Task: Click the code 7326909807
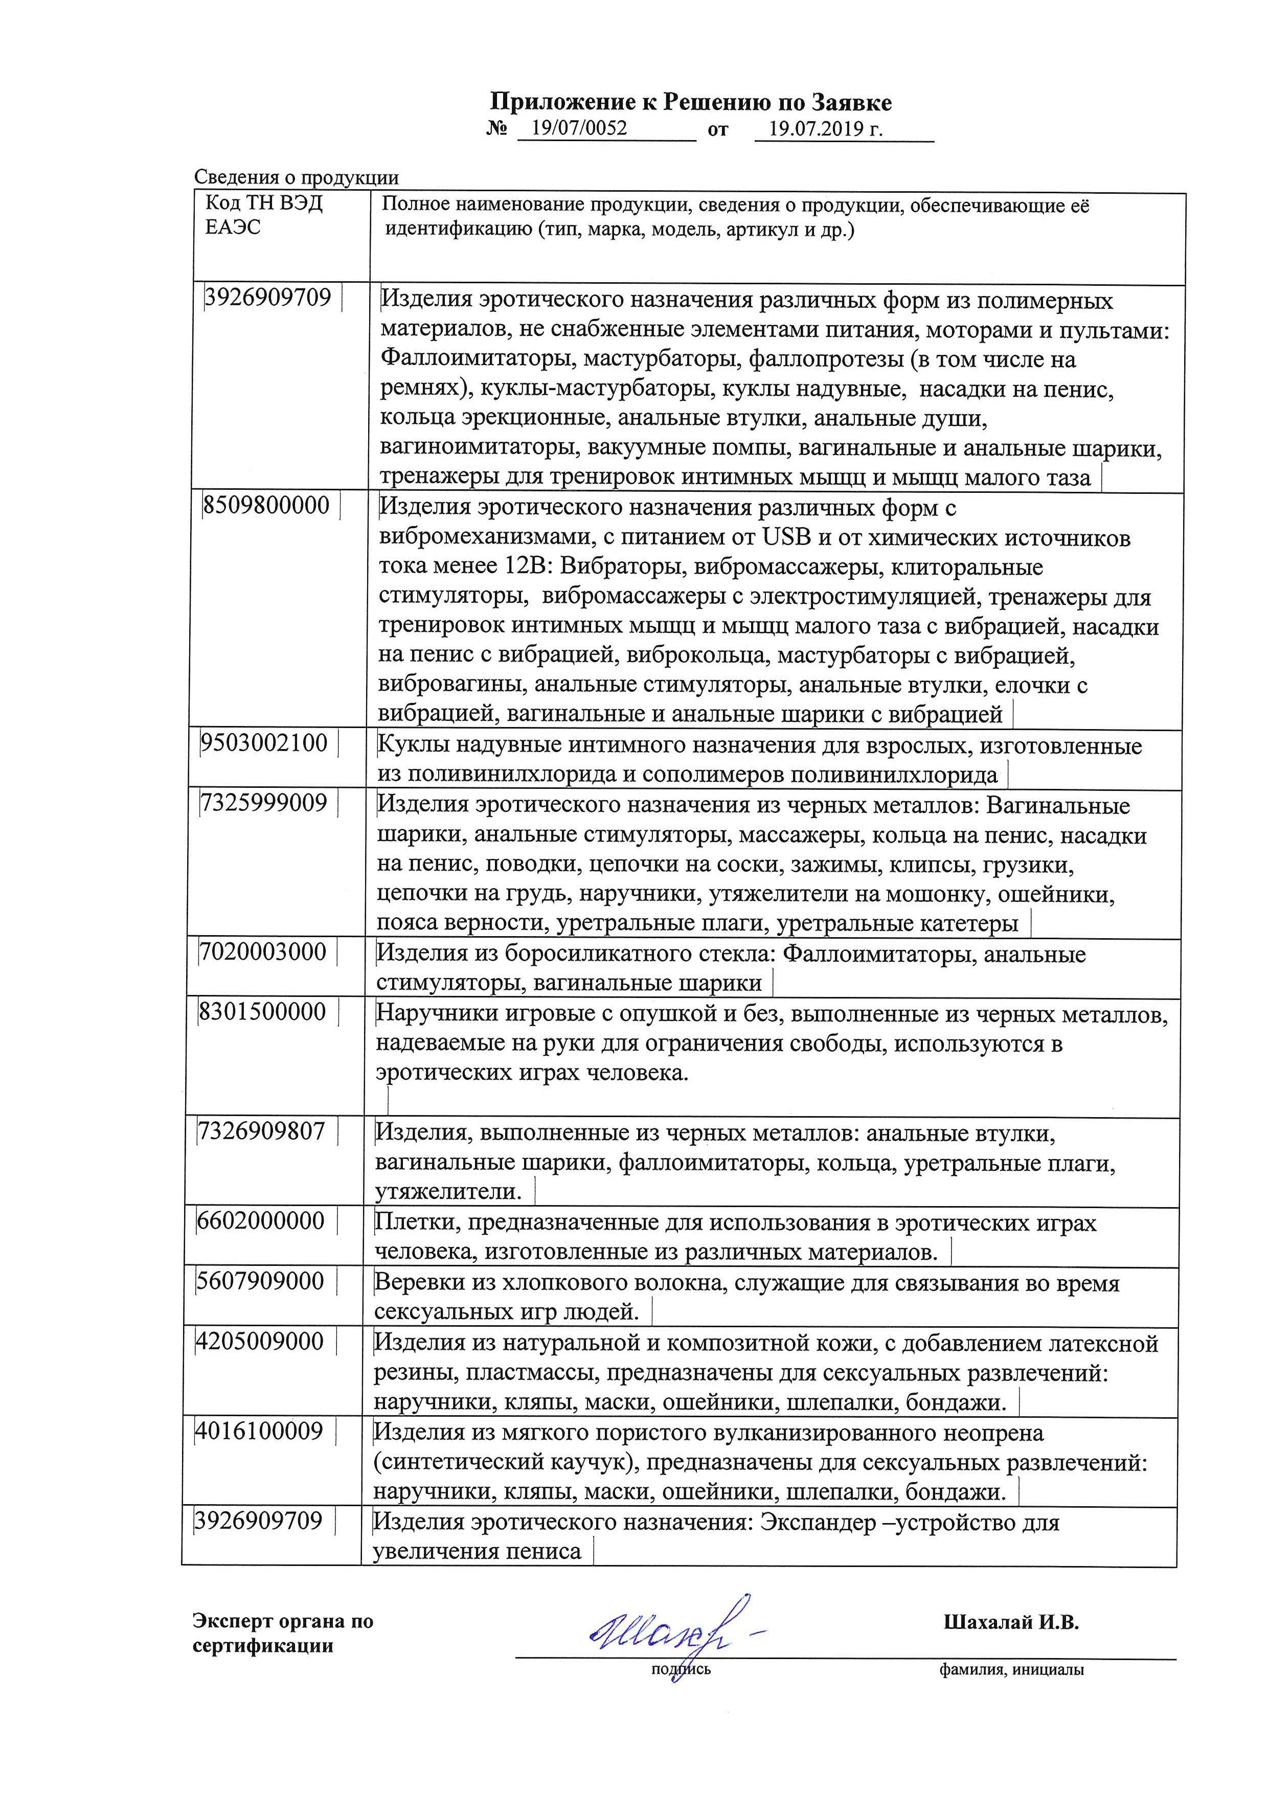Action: tap(262, 1131)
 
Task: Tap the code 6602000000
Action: tap(261, 1220)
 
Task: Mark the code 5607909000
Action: tap(260, 1281)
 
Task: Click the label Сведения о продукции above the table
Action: tap(296, 178)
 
